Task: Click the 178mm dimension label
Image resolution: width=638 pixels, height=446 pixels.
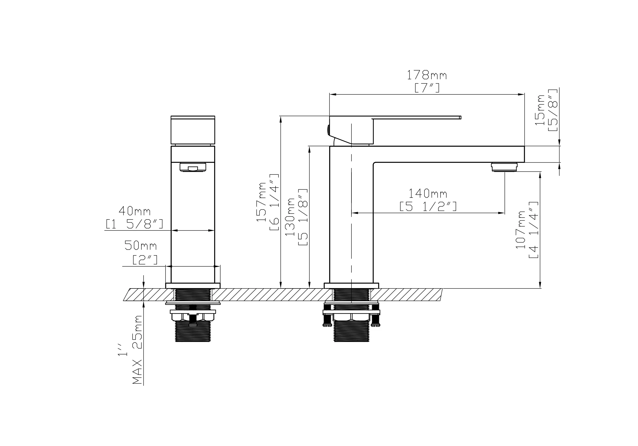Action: coord(427,75)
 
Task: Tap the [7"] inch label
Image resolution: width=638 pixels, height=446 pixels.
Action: coord(427,88)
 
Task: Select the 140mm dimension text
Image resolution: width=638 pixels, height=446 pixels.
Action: coord(428,193)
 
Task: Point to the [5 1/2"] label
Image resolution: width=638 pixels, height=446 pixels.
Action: coord(428,206)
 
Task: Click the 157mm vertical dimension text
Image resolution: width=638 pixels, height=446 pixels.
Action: coord(261,202)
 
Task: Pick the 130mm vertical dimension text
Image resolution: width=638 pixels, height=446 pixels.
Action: coord(290,217)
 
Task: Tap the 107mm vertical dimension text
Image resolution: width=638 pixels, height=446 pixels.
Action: coord(520,230)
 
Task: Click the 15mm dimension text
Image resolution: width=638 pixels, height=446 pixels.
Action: coord(540,110)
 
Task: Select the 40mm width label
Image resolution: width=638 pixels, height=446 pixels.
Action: coord(134,211)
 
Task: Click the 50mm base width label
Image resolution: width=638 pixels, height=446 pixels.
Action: coord(141,245)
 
